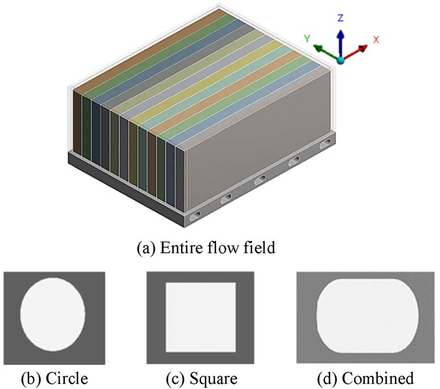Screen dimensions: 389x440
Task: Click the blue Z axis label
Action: click(x=340, y=18)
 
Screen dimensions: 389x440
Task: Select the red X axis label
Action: click(x=377, y=39)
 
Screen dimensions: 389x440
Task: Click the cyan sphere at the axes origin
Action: click(x=341, y=59)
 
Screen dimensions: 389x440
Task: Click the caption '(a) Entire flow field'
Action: click(x=205, y=248)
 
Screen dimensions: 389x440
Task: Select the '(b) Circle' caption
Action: click(x=54, y=378)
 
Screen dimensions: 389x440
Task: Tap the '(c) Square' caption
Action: click(x=200, y=378)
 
